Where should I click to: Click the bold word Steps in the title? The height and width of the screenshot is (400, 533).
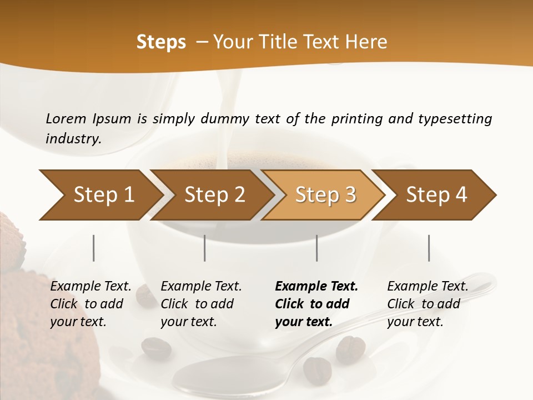pos(161,42)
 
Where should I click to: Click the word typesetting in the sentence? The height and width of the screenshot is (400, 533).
pos(455,119)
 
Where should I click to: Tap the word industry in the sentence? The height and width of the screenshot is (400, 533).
pos(73,138)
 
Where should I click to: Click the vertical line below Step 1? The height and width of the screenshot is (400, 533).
pos(94,248)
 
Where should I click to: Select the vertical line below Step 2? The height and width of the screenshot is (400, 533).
pos(205,248)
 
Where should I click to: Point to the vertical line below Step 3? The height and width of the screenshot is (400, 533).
pos(317,248)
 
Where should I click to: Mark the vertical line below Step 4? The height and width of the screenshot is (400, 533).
pos(429,248)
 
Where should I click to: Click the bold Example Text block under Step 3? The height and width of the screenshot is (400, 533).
pos(316,304)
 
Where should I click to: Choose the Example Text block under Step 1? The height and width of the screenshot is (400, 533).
pos(90,304)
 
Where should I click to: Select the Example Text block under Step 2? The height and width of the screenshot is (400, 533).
pos(201,304)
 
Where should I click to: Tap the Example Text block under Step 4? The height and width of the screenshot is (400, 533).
pos(428,304)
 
